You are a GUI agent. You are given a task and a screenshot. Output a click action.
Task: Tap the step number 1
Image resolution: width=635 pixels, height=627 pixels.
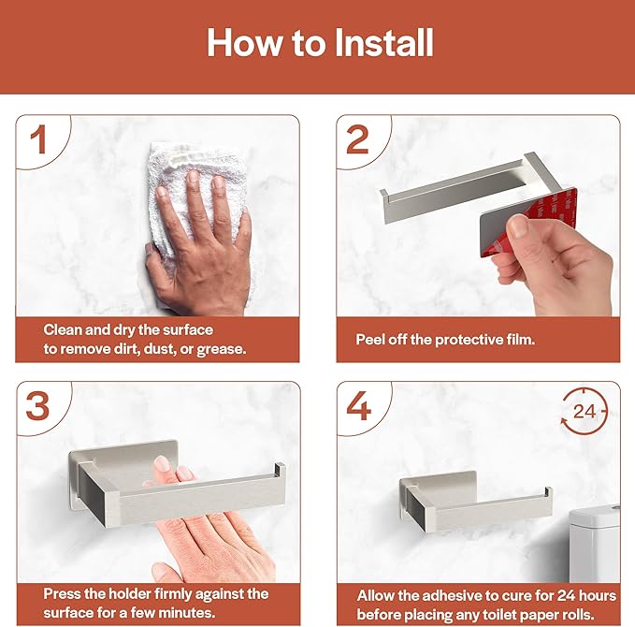tap(38, 139)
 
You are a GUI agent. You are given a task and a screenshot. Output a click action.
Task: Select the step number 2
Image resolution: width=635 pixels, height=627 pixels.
tap(357, 139)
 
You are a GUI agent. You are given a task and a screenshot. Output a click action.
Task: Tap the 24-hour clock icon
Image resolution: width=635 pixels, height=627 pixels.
tap(584, 412)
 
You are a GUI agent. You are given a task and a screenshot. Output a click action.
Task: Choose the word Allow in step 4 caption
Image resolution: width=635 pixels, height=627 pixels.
tap(378, 595)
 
